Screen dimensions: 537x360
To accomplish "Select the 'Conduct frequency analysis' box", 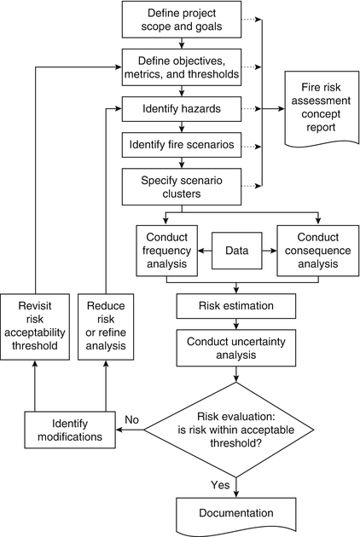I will point(167,251).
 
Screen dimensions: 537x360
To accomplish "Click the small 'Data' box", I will point(237,251).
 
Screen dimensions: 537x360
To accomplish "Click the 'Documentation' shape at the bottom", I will point(236,515).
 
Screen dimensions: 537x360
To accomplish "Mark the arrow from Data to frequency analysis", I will point(206,251).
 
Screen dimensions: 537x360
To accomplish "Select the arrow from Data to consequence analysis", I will point(269,251).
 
